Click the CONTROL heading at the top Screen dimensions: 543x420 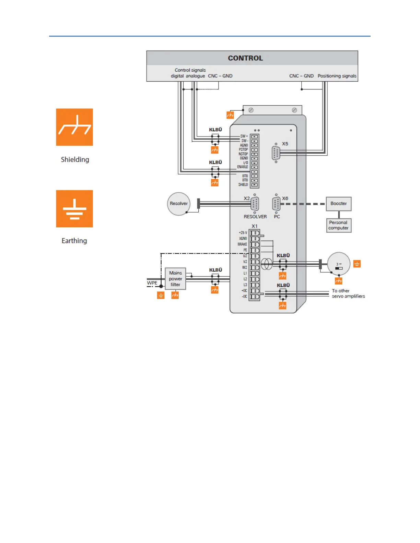[x=245, y=58]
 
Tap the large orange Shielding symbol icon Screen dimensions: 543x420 [x=74, y=127]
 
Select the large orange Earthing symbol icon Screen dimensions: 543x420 [x=74, y=209]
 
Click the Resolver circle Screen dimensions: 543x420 [x=178, y=204]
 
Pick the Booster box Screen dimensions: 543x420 [x=339, y=204]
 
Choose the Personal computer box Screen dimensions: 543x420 [x=339, y=225]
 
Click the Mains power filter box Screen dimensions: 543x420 [x=175, y=279]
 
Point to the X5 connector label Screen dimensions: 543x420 [x=285, y=144]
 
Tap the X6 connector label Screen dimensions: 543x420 [x=285, y=198]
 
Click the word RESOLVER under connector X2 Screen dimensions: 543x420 [x=255, y=217]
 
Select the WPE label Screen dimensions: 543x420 [x=152, y=283]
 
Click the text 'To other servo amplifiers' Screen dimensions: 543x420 [x=348, y=293]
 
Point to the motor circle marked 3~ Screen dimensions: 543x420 [x=339, y=264]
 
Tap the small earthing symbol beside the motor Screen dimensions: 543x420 [x=357, y=264]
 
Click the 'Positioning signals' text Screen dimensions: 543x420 [x=337, y=76]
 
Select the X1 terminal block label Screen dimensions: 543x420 [x=254, y=226]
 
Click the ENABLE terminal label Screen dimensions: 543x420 [x=242, y=167]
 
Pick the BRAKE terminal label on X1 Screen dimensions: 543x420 [x=242, y=244]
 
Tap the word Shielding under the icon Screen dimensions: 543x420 [x=75, y=159]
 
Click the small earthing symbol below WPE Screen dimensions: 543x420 [x=161, y=295]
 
